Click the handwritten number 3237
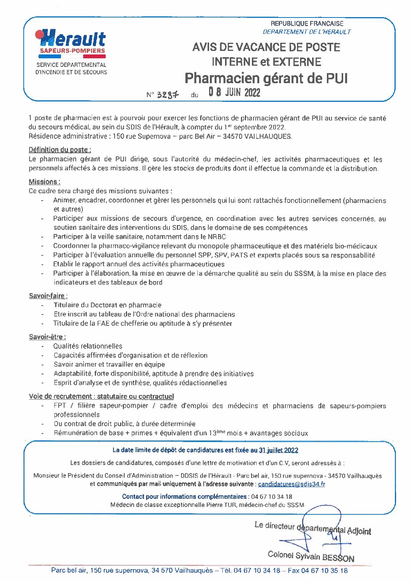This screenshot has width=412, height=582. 168,95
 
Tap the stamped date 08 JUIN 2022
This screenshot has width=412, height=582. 234,92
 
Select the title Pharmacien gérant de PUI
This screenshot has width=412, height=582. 266,78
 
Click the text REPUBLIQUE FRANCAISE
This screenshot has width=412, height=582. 307,24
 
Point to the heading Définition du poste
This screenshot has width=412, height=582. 60,150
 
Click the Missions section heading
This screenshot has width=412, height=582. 44,182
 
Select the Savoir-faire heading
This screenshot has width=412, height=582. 48,296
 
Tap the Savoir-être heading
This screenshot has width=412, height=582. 47,337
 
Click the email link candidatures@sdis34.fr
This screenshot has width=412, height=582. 292,484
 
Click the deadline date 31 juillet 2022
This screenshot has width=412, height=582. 278,450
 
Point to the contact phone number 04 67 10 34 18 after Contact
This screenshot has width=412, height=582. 272,496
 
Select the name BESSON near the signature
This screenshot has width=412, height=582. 338,558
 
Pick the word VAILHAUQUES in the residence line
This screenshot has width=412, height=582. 268,136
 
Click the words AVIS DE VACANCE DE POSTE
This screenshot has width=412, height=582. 266,47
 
